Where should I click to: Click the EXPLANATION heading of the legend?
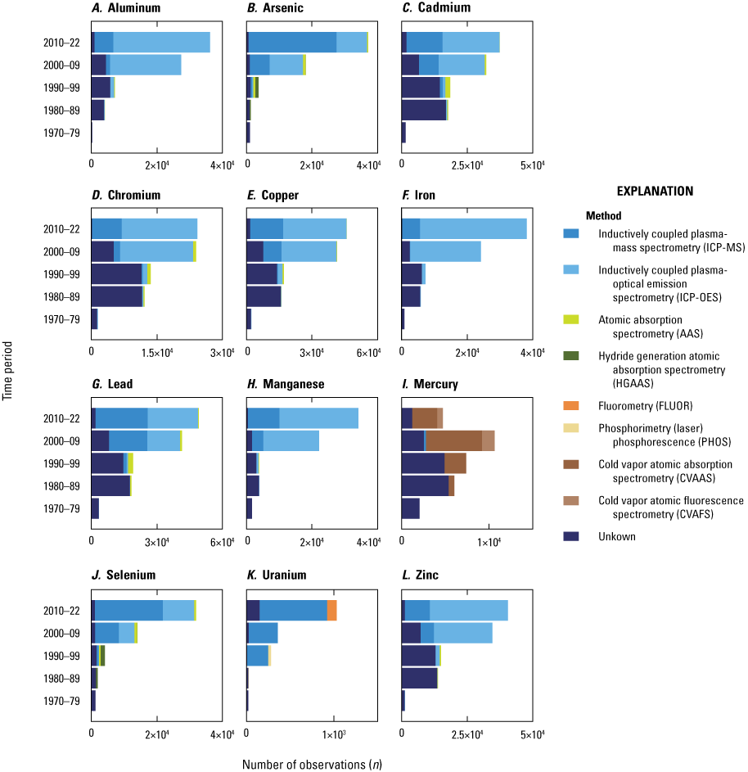(654, 191)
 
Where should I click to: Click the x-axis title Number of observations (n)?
(312, 764)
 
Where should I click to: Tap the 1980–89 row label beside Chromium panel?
(61, 296)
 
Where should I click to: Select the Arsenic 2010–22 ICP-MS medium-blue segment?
(292, 43)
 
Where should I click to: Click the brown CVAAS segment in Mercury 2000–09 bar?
(453, 440)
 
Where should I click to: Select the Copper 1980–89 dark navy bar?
(264, 296)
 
